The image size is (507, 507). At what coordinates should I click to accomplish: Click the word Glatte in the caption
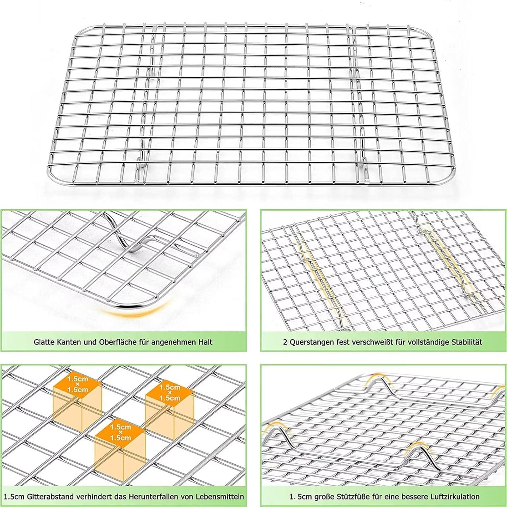point(44,342)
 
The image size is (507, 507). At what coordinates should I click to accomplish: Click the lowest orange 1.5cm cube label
point(120,433)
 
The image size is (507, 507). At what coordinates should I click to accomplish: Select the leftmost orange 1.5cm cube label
point(77,384)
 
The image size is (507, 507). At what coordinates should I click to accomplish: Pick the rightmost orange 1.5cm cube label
point(170,392)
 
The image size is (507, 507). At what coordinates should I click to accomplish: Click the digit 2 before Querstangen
point(285,342)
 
